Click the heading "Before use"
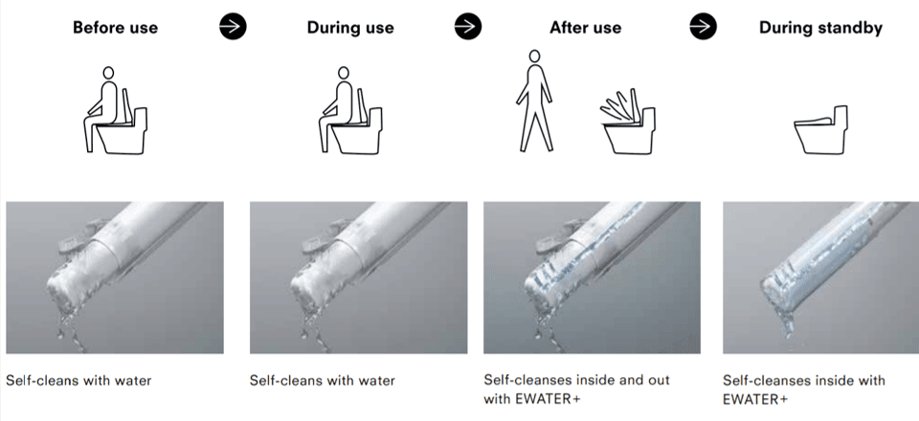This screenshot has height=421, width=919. (115, 28)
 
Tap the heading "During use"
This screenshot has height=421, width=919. (350, 28)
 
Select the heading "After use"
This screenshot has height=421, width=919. (585, 28)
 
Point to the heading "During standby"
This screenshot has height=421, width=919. (820, 28)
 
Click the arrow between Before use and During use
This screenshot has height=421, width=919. (233, 27)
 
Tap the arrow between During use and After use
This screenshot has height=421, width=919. (468, 27)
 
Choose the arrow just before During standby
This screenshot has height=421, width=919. (703, 27)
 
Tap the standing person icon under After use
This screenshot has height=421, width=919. (534, 100)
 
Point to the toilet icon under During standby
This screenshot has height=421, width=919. (821, 130)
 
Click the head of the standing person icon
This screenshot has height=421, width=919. (534, 56)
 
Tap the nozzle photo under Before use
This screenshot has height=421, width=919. (115, 277)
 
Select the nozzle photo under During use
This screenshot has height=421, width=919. (359, 277)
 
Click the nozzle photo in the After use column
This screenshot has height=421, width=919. (592, 277)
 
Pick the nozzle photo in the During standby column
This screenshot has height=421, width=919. (820, 277)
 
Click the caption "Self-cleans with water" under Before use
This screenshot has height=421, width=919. (78, 381)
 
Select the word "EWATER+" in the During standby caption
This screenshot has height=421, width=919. (755, 399)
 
